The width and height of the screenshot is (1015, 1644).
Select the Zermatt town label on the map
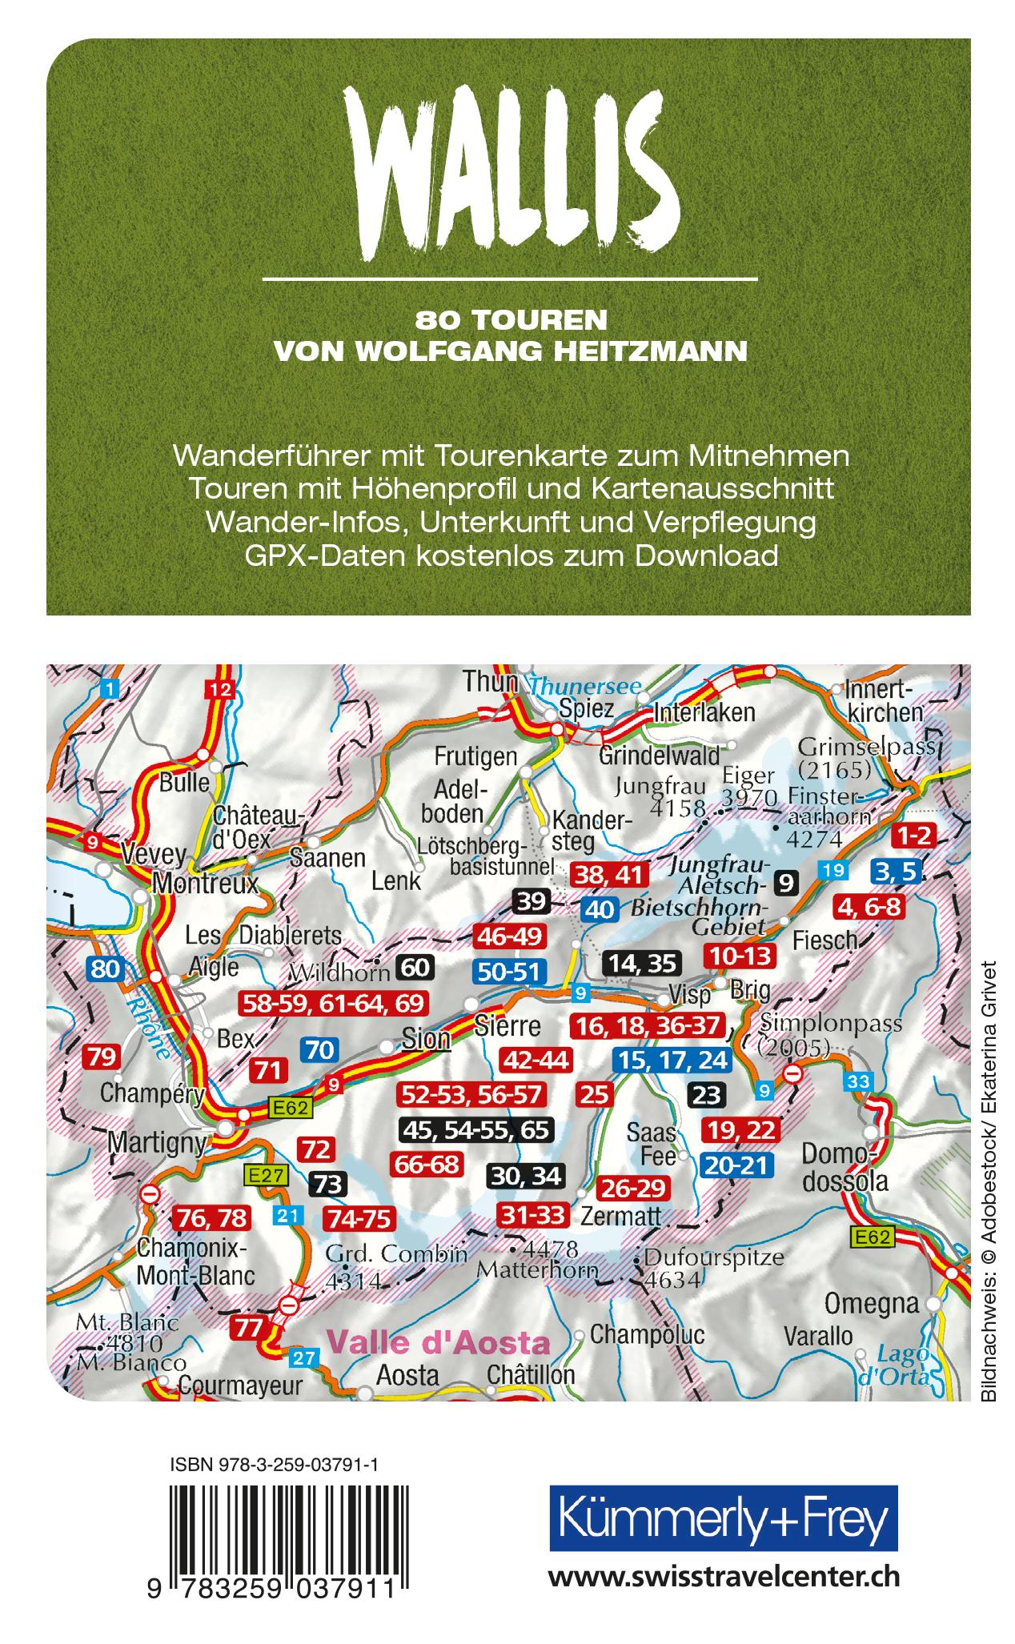[x=621, y=1216]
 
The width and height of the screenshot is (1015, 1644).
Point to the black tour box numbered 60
[x=415, y=967]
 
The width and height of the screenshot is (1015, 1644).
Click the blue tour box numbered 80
[x=106, y=969]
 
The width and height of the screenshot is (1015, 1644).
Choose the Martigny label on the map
[x=157, y=1143]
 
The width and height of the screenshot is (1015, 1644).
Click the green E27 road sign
[x=263, y=1174]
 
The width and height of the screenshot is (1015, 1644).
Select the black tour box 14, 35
[x=641, y=962]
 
